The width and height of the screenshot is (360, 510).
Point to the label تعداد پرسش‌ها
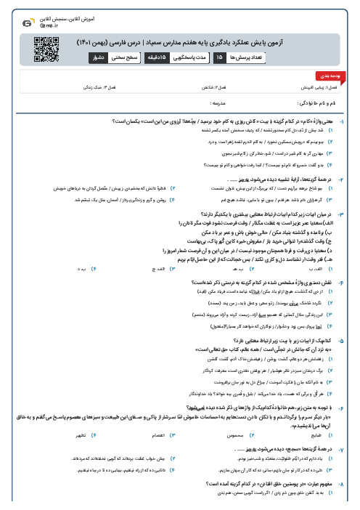(246, 56)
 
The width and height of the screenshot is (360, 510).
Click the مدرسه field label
(187, 105)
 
